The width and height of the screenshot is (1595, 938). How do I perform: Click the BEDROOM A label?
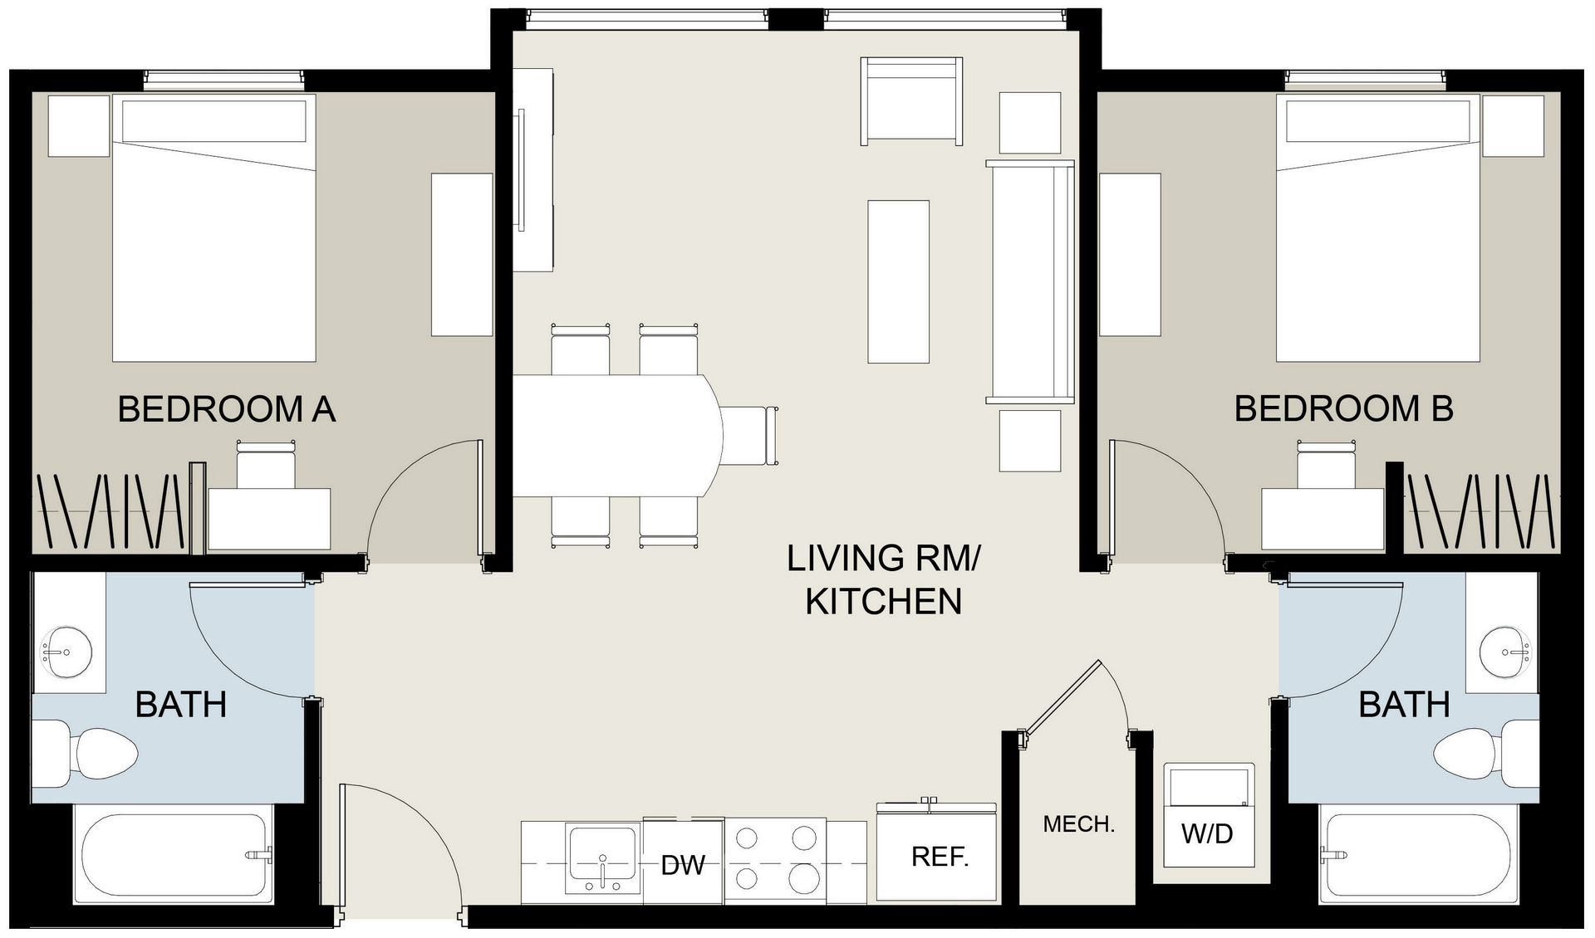click(x=226, y=409)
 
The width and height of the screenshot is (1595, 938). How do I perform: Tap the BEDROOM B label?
click(x=1343, y=408)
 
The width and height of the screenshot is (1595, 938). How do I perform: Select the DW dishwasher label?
click(x=683, y=866)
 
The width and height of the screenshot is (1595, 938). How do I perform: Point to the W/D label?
click(x=1207, y=833)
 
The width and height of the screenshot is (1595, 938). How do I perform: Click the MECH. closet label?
click(x=1078, y=824)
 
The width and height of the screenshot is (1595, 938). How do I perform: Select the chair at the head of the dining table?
click(x=750, y=436)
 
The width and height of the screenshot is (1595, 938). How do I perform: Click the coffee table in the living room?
click(x=898, y=281)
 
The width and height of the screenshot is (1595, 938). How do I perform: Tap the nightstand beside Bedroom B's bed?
click(x=1513, y=125)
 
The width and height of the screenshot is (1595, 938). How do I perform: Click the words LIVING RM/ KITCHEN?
click(x=883, y=579)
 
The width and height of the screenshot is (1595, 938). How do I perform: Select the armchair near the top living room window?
click(x=911, y=102)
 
